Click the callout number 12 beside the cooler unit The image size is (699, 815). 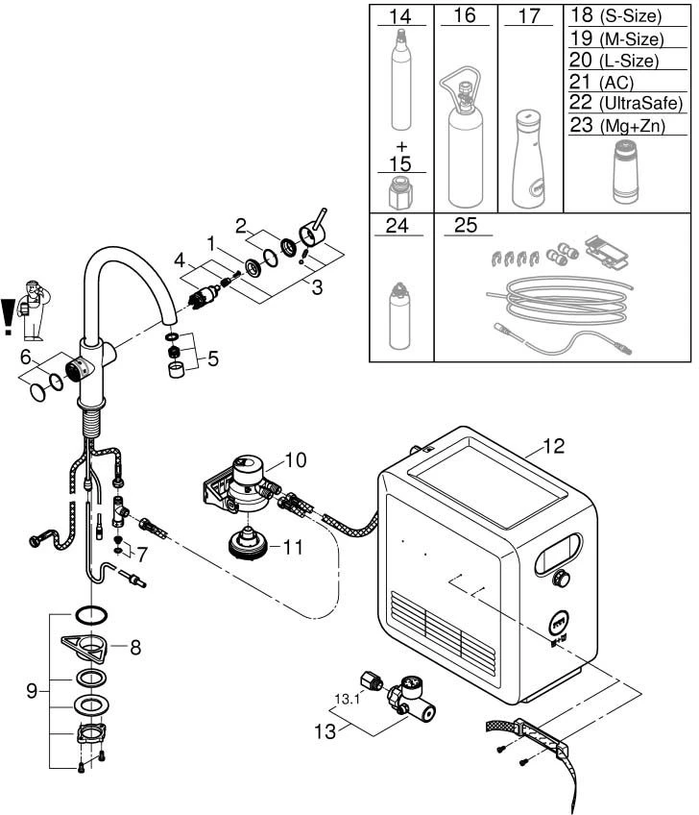pos(553,446)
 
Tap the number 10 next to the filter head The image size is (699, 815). pos(296,460)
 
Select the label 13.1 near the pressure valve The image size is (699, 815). pos(347,699)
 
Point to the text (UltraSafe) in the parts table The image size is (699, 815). pos(640,103)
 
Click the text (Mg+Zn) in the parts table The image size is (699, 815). pos(632,126)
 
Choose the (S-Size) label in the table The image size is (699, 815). pos(631,16)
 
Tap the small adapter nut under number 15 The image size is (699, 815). pos(400,193)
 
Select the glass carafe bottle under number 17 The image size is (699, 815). pos(529,159)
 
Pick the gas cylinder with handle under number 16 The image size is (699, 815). pos(464,136)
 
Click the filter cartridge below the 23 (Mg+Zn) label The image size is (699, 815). pos(626,171)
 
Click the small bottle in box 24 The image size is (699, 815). pos(398,316)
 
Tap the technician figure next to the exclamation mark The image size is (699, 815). pos(33,310)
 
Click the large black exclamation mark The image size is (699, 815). pos(8,316)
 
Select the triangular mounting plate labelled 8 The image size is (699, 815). pos(85,648)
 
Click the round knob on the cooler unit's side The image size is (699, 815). pos(562,578)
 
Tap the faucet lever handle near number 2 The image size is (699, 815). pos(313,231)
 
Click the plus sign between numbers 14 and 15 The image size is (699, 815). pos(401,147)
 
